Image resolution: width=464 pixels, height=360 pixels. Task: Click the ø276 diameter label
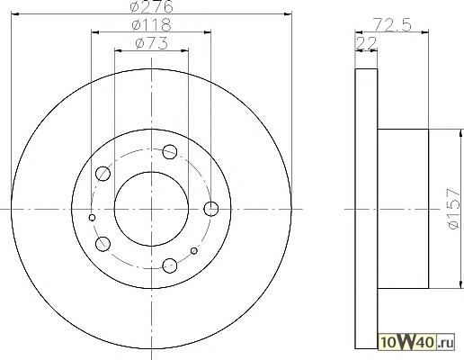[x=152, y=6]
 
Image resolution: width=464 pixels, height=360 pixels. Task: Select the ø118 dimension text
[x=152, y=25]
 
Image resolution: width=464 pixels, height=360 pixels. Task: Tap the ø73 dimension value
[x=151, y=43]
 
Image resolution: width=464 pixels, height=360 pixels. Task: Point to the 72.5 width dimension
[x=392, y=25]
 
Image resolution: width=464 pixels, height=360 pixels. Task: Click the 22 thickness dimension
[x=366, y=44]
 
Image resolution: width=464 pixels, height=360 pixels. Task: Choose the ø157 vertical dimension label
[x=453, y=209]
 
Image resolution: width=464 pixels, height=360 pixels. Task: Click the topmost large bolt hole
[x=170, y=151]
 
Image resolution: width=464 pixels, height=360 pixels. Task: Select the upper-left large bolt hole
[x=103, y=174]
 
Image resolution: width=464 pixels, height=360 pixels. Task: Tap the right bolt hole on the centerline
[x=211, y=209]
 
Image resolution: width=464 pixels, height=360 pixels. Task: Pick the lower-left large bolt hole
[x=103, y=244]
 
